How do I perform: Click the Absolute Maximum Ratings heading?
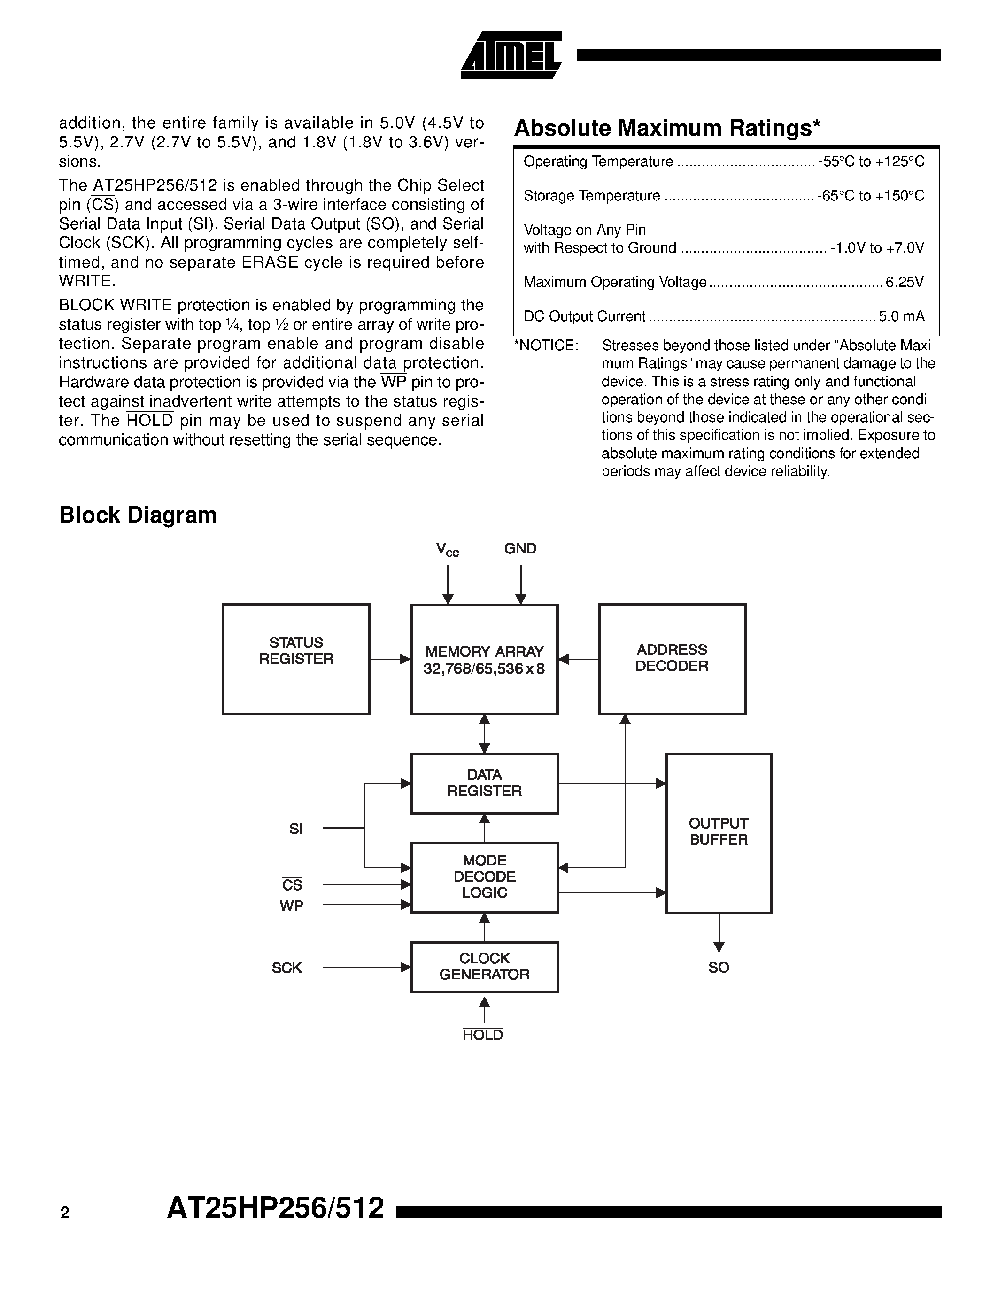click(x=667, y=128)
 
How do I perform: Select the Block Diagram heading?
click(x=138, y=515)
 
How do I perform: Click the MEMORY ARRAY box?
click(x=484, y=660)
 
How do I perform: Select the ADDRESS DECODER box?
click(x=672, y=659)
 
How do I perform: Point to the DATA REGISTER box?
click(x=484, y=783)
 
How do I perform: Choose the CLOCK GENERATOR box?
click(x=484, y=967)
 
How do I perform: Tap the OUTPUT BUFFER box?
click(x=719, y=833)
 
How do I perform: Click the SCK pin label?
click(x=287, y=968)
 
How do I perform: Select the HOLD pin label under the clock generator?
click(x=482, y=1035)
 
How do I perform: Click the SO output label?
click(x=719, y=968)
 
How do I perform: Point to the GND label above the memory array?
click(x=520, y=548)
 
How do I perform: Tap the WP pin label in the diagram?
click(x=292, y=906)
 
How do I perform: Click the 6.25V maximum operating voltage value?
click(x=904, y=283)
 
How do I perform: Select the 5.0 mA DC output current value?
click(x=901, y=317)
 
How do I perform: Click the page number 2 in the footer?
click(x=65, y=1213)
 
